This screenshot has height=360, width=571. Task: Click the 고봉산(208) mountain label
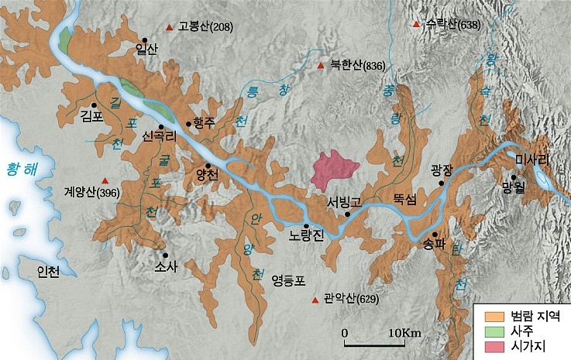click(205, 28)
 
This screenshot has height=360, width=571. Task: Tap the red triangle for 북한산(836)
click(320, 66)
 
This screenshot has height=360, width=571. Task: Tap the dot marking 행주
click(188, 123)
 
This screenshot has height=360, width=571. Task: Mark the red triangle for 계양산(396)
click(105, 179)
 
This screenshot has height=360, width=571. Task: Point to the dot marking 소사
click(165, 254)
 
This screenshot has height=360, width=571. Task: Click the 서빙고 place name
click(342, 202)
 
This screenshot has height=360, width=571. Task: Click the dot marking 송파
click(435, 235)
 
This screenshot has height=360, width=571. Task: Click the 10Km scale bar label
click(405, 333)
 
